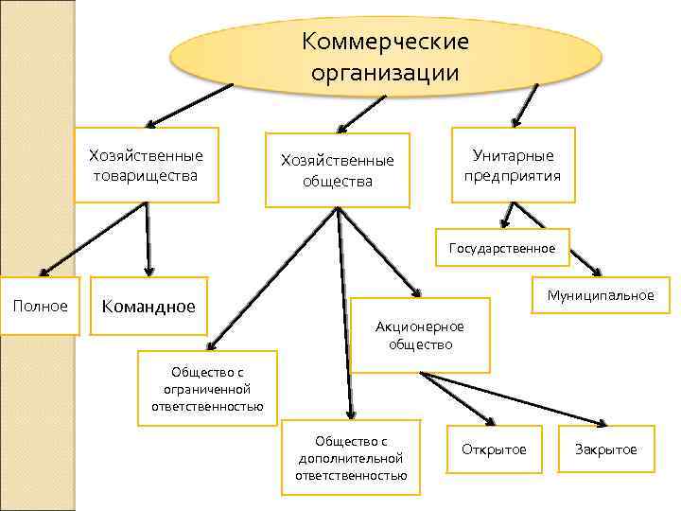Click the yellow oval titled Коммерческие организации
[x=386, y=57]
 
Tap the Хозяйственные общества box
[x=338, y=169]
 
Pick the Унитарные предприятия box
[x=513, y=165]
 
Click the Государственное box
[x=502, y=248]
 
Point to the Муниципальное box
[x=601, y=295]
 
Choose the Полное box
[x=40, y=306]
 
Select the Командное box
[x=148, y=306]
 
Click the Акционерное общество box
[x=420, y=335]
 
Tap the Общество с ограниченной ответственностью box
[x=207, y=388]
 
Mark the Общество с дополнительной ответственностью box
[x=351, y=458]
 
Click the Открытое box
[x=494, y=449]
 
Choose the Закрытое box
[x=606, y=449]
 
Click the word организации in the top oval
[x=385, y=73]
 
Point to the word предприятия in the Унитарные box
[x=513, y=175]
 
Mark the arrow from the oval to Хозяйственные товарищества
[x=189, y=104]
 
